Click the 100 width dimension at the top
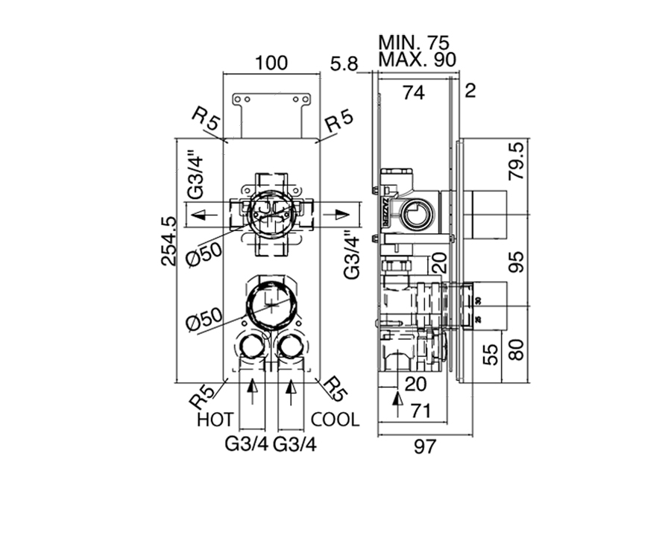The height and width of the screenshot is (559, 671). pyautogui.click(x=271, y=63)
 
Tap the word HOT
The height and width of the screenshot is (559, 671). pyautogui.click(x=215, y=420)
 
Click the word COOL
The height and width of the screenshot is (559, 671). pyautogui.click(x=335, y=420)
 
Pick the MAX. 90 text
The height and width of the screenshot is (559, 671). pyautogui.click(x=418, y=58)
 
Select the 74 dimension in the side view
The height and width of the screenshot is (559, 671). pyautogui.click(x=413, y=92)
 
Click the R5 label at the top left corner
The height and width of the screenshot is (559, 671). pyautogui.click(x=206, y=121)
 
